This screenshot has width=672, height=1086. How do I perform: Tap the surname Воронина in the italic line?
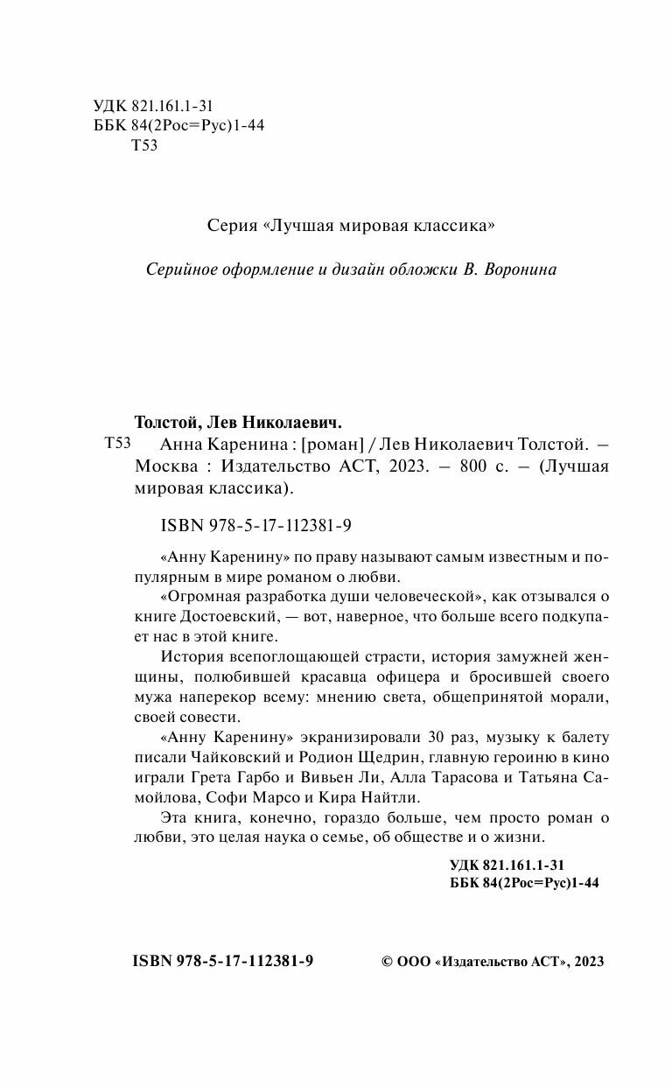[511, 270]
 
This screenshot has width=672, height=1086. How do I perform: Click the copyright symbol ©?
[389, 961]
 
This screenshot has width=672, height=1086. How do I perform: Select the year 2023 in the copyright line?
[586, 961]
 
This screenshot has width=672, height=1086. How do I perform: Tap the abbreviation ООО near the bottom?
[414, 961]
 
